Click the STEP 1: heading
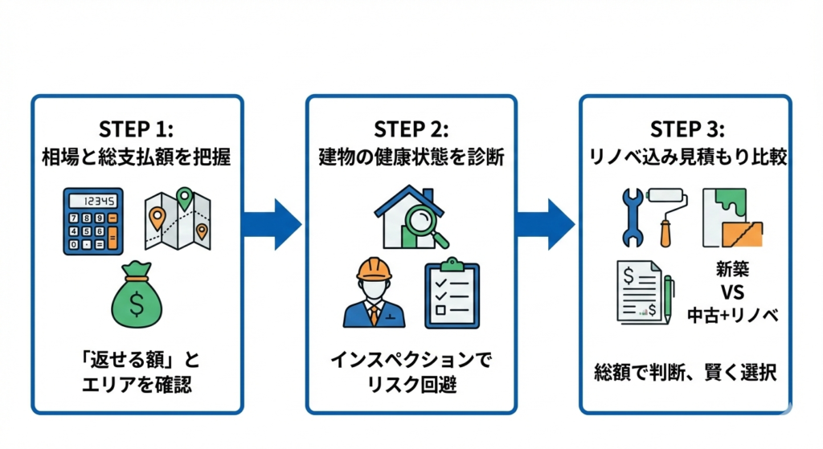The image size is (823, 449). [136, 129]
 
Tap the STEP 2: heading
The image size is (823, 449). [411, 129]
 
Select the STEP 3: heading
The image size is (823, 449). [686, 129]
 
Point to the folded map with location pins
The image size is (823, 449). [178, 219]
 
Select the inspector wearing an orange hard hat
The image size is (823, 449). [372, 293]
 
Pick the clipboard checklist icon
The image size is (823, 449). [452, 293]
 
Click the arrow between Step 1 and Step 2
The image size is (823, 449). [272, 225]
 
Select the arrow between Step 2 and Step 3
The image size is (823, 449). [547, 225]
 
